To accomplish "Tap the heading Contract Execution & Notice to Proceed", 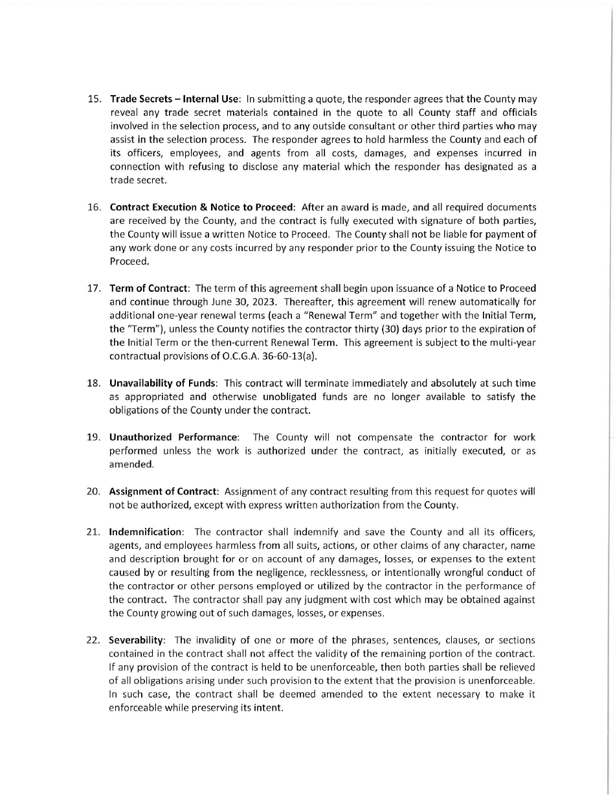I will (x=202, y=207).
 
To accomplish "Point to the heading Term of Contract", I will (x=150, y=288).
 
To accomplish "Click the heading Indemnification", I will (x=146, y=532).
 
